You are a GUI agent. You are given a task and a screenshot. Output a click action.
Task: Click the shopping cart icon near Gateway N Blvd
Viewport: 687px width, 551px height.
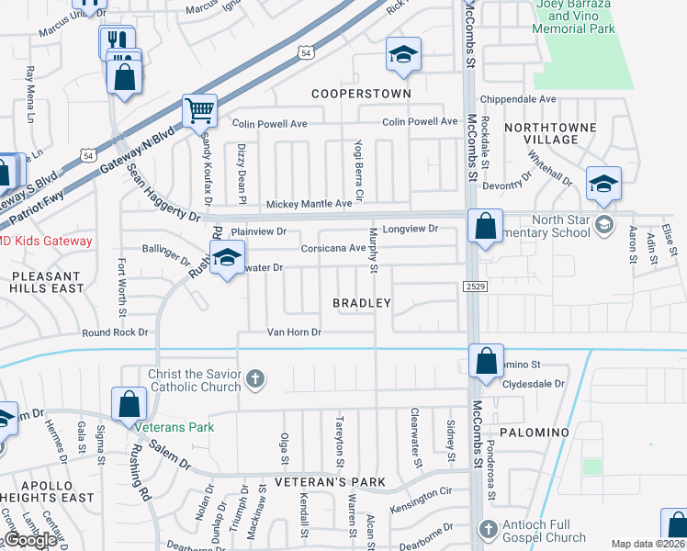coord(199,111)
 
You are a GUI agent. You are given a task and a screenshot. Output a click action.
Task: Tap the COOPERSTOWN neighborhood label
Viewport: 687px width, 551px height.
coord(360,94)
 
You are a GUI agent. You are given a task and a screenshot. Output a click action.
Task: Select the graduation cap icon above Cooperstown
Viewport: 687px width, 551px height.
coord(402,54)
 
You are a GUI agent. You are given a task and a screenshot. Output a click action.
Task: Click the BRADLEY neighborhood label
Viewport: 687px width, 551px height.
coord(362,303)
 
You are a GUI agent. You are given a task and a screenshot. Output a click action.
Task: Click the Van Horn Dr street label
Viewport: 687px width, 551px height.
coord(294,332)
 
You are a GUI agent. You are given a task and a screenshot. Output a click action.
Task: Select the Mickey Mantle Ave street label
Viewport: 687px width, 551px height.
coord(310,204)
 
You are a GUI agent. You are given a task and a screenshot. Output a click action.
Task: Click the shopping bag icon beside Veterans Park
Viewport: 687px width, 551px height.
coord(130,404)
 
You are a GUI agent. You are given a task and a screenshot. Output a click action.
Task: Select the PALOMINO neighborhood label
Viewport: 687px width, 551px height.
coord(535,431)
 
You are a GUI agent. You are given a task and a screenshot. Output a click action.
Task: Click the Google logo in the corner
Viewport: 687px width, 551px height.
coord(30,540)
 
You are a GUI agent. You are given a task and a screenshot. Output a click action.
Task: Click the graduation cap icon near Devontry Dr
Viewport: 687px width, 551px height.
coord(604,185)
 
